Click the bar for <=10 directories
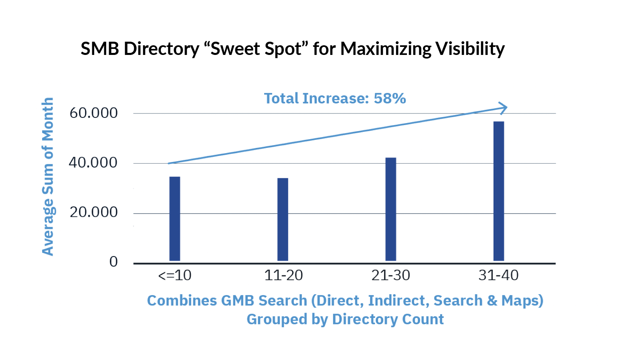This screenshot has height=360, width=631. click(175, 218)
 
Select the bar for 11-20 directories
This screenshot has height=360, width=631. click(283, 219)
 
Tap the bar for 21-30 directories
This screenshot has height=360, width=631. click(391, 209)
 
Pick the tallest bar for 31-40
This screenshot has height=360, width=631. click(499, 191)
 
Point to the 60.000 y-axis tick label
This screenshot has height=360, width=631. click(94, 113)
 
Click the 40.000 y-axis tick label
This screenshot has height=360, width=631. click(93, 163)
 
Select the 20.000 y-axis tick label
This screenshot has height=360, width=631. click(94, 212)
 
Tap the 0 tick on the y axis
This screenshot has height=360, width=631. click(113, 262)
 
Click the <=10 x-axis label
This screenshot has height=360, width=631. click(175, 275)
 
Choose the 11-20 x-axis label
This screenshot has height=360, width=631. click(283, 275)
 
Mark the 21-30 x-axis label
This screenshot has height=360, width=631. click(391, 275)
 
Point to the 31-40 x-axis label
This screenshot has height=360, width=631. click(499, 275)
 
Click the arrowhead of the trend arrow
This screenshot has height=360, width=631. click(503, 107)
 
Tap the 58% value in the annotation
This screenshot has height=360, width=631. click(390, 98)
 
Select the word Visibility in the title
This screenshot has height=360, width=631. click(470, 49)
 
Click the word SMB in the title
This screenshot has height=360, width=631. click(100, 49)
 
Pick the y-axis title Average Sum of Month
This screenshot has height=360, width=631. click(48, 176)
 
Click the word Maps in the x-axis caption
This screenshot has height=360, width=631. click(522, 301)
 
